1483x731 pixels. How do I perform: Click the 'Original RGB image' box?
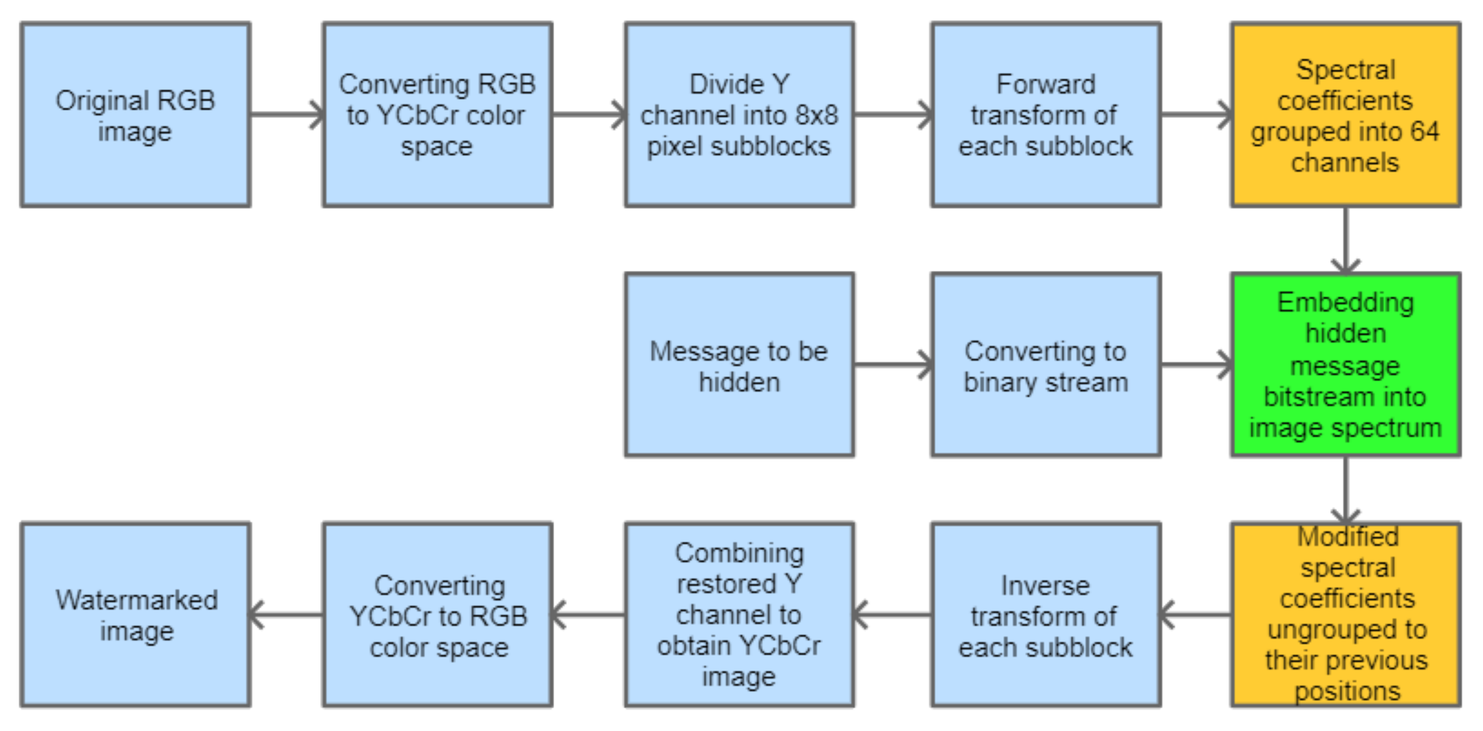click(136, 115)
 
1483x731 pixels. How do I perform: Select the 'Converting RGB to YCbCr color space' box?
click(438, 115)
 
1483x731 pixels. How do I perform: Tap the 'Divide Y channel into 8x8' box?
click(739, 115)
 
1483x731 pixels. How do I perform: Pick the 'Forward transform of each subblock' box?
click(1045, 115)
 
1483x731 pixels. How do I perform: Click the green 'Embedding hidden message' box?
click(1346, 365)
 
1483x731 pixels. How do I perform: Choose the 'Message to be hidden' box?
click(739, 365)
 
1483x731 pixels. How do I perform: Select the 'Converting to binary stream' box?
click(1045, 365)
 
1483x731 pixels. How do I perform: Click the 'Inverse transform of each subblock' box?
click(1045, 615)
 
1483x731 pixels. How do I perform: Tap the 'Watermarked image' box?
click(136, 615)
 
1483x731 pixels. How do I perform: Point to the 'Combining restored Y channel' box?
click(739, 615)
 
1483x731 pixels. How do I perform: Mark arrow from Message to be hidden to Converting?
click(892, 365)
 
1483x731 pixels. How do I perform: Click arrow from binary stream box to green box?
click(1196, 365)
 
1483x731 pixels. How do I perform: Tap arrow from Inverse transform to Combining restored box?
click(892, 615)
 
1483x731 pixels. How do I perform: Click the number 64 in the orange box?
click(1424, 132)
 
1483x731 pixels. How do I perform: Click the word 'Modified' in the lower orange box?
click(1347, 537)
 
